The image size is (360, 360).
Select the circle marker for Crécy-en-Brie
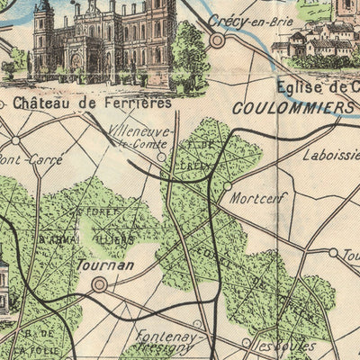coord(217,40)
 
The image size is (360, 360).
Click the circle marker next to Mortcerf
coord(228,185)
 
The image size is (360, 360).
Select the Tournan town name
coord(105,265)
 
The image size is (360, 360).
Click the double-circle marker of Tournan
coord(99,284)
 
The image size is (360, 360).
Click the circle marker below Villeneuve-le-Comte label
coord(161,156)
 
